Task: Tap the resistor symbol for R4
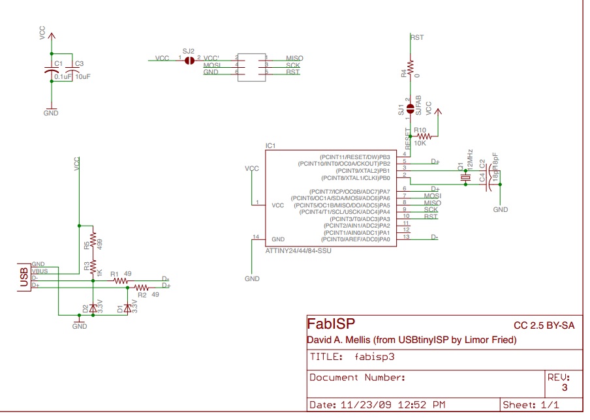tap(411, 67)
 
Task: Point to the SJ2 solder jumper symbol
tap(190, 60)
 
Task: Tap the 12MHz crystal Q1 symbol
tap(465, 177)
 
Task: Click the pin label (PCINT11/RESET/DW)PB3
tap(354, 157)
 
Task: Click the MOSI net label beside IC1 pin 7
tap(432, 196)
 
